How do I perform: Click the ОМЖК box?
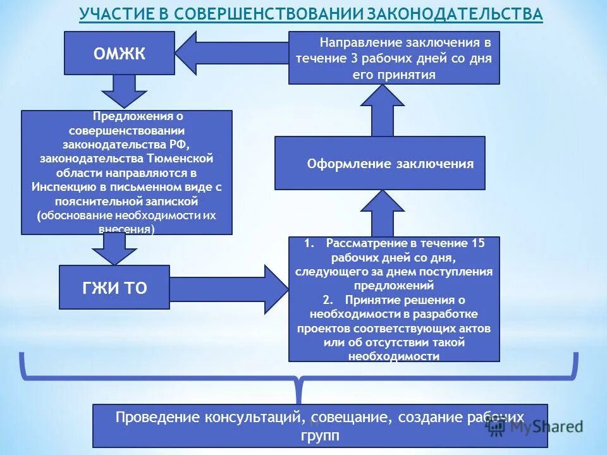120,53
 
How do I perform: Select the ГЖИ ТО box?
114,288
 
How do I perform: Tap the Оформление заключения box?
379,164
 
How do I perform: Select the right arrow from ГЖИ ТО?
228,289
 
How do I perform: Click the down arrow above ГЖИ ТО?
114,249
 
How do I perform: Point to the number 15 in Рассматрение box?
477,243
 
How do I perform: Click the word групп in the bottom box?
320,435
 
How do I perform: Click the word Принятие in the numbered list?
373,300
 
